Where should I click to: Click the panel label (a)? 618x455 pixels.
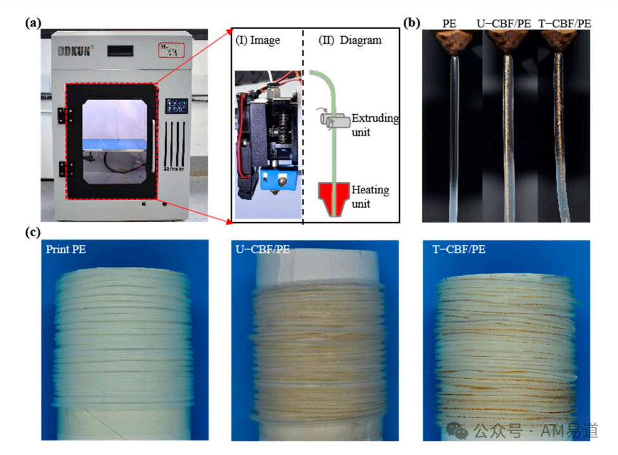(x=33, y=23)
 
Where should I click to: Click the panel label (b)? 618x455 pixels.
(x=412, y=23)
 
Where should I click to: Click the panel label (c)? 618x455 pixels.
(x=33, y=233)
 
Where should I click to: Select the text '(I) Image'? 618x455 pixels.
(x=257, y=40)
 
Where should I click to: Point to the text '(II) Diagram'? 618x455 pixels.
(x=350, y=40)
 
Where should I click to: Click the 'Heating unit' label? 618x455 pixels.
(x=371, y=196)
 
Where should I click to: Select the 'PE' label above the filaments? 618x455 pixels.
(x=451, y=24)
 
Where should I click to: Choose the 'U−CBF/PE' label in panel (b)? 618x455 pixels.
(x=504, y=24)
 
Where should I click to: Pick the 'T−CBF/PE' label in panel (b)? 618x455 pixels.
(x=564, y=24)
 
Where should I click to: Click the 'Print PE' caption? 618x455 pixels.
(x=65, y=249)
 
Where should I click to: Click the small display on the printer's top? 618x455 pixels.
(x=122, y=50)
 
